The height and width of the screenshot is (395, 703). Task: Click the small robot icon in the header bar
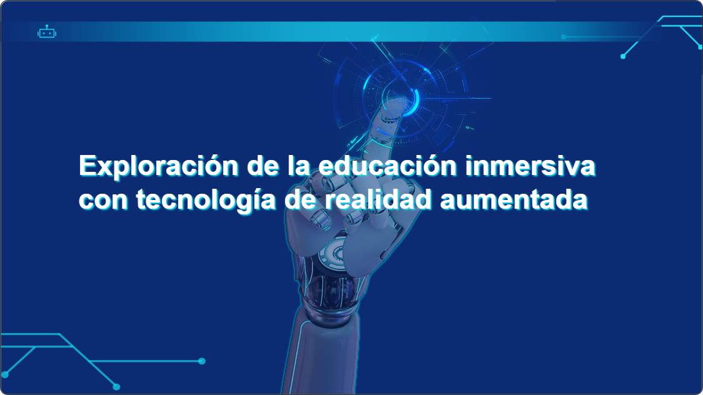[x=47, y=32]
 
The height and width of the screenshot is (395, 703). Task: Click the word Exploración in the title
[x=159, y=166]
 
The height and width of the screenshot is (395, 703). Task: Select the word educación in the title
[x=388, y=166]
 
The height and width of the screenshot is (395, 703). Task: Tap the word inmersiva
[x=531, y=166]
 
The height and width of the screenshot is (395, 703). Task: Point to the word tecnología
[x=206, y=200]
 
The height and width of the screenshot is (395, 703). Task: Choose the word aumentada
[x=514, y=200]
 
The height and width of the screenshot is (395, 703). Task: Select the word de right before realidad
[x=301, y=199]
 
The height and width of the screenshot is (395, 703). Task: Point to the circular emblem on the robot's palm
[x=334, y=254]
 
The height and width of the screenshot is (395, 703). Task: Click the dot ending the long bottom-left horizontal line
[x=202, y=361]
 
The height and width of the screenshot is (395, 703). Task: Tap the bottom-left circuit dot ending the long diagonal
[x=117, y=386]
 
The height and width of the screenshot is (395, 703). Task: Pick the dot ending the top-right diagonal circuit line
[x=623, y=56]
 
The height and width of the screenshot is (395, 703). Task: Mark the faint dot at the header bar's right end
[x=564, y=37]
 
